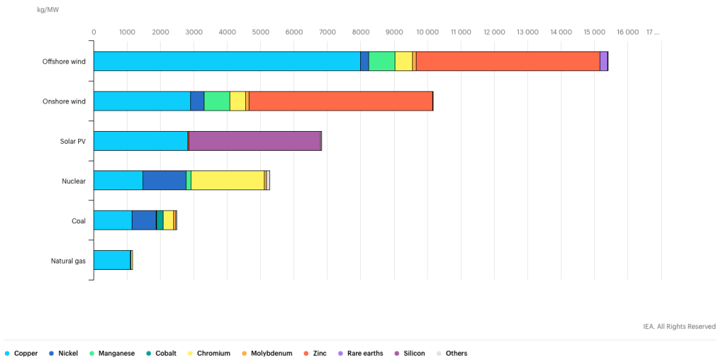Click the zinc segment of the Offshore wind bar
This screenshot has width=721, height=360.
(508, 61)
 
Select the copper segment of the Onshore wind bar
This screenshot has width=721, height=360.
(142, 101)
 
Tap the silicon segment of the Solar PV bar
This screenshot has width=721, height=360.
(254, 141)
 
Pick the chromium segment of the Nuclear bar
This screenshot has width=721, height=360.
(228, 180)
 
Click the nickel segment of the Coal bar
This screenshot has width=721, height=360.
(144, 221)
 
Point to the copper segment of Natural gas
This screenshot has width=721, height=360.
(112, 260)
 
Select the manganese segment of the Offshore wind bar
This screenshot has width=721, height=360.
(382, 61)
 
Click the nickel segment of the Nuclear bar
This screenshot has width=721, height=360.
(165, 180)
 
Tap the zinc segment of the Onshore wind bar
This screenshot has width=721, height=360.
(340, 101)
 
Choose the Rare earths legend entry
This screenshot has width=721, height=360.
(361, 354)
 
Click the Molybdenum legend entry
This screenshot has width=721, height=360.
(266, 354)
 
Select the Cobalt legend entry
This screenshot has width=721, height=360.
(161, 354)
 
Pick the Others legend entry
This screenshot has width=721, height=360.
(452, 354)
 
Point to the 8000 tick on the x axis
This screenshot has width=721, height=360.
(361, 32)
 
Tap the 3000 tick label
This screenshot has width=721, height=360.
(194, 32)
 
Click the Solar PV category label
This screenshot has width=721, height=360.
(73, 141)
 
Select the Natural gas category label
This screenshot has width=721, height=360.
(68, 260)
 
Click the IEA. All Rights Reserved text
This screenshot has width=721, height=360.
(679, 326)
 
